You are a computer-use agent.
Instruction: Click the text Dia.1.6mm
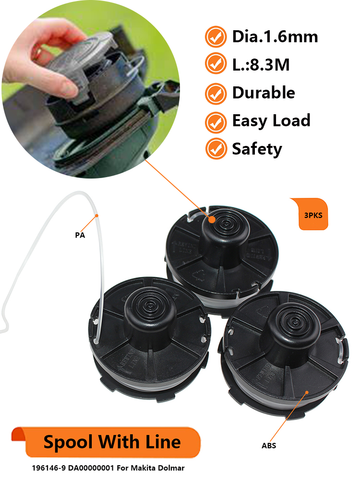[x=275, y=36]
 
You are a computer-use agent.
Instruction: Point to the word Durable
[x=264, y=93]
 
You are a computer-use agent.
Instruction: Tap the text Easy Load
[x=271, y=121]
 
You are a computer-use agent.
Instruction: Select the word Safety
[x=257, y=149]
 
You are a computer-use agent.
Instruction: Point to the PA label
[x=80, y=235]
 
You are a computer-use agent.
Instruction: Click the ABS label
[x=269, y=445]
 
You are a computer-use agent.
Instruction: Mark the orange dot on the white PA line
[x=97, y=216]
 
